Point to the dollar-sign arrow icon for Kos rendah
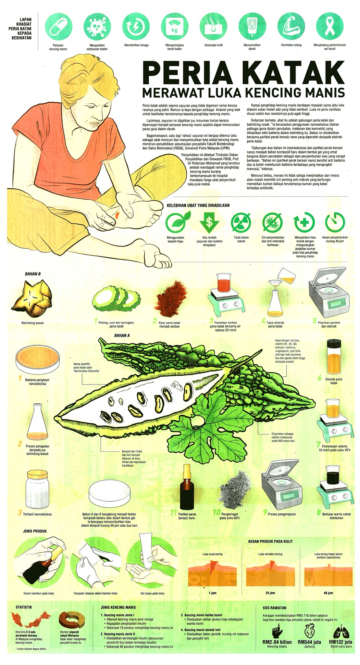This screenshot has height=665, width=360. point(209,222)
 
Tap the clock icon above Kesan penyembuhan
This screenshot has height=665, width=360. point(335,222)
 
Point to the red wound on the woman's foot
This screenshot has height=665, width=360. point(116,214)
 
